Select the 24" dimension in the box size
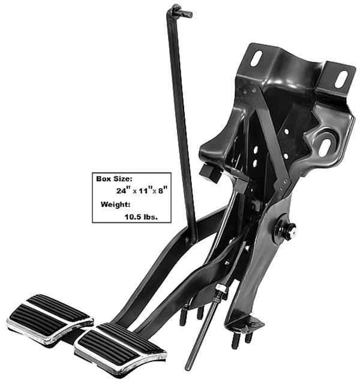click(x=123, y=191)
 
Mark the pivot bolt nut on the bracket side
click(x=289, y=231)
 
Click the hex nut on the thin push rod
click(x=221, y=291)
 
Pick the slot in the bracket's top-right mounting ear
click(x=342, y=79)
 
